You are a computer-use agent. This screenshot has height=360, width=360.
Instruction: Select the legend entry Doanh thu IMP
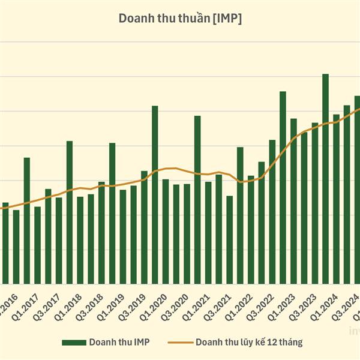tap(119, 342)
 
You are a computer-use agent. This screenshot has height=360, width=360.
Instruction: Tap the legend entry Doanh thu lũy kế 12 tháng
tap(248, 342)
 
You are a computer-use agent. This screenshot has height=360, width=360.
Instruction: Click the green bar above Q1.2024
tap(325, 179)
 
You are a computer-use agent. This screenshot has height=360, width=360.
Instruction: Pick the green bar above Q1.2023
tap(283, 187)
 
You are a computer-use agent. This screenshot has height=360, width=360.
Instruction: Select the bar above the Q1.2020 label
tap(155, 194)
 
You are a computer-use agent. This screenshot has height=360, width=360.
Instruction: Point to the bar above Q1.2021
tap(197, 200)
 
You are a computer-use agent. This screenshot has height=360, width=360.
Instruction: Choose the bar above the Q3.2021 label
tap(229, 240)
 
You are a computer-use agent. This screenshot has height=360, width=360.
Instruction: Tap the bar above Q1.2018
tap(70, 212)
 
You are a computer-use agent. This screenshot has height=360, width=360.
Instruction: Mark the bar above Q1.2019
tap(112, 213)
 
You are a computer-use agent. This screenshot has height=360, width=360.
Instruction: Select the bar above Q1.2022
tap(240, 215)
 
